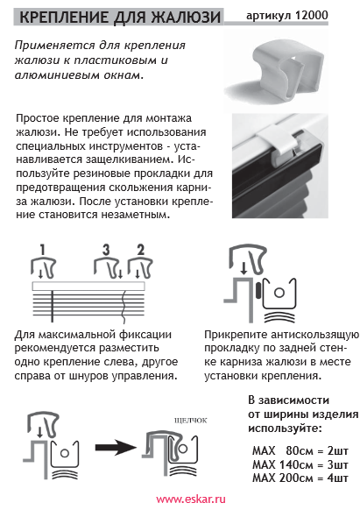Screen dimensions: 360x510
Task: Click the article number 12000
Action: tap(311, 15)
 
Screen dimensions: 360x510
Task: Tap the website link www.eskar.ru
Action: tap(191, 499)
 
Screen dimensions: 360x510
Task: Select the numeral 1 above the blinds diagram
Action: tap(43, 250)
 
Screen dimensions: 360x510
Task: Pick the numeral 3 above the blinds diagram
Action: tap(106, 250)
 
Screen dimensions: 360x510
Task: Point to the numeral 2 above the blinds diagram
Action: tap(140, 250)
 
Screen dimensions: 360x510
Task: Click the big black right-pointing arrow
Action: tap(116, 448)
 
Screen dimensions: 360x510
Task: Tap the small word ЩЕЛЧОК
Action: tap(191, 421)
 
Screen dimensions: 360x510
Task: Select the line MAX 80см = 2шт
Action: tap(300, 450)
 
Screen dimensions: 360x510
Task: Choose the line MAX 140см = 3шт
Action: tap(300, 464)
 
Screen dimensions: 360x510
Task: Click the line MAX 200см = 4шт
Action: tap(300, 478)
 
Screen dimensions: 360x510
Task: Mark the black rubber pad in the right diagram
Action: tap(258, 290)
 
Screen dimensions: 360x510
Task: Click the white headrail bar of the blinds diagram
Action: tap(88, 287)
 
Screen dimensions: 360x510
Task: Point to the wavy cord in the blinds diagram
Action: tap(124, 307)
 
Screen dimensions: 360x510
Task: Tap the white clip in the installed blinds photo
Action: tap(279, 144)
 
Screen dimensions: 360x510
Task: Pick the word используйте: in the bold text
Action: tap(285, 429)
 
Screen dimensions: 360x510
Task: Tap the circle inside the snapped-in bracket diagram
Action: tap(182, 449)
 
